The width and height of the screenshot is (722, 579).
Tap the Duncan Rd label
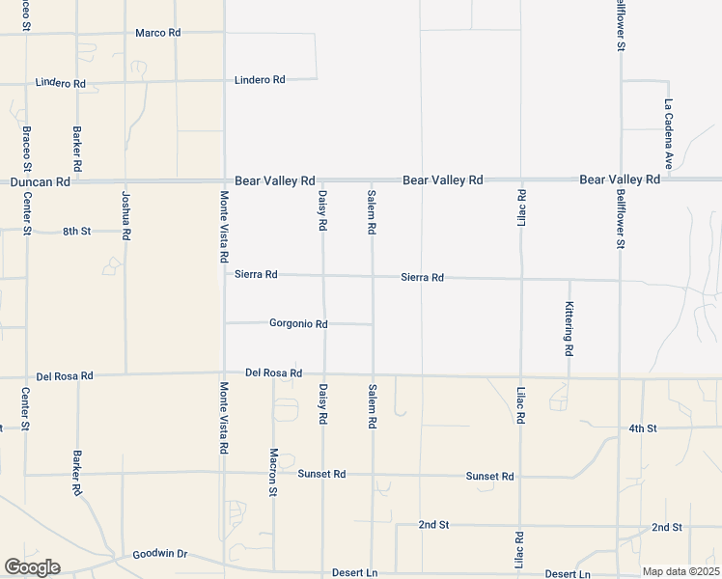[40, 180]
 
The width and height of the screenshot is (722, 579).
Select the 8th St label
[76, 232]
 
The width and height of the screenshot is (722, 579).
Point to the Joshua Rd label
[125, 214]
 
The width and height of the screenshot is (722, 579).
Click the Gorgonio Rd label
[298, 324]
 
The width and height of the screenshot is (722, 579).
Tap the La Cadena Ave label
[667, 133]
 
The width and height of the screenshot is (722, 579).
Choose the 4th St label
[642, 427]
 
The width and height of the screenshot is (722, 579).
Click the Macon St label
[274, 472]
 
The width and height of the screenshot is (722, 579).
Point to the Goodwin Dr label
[159, 555]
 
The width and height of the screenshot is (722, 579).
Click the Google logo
[32, 567]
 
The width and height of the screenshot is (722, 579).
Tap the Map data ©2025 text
[680, 571]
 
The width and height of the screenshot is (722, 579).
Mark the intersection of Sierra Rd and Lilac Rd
[521, 279]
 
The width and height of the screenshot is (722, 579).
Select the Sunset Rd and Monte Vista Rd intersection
[223, 475]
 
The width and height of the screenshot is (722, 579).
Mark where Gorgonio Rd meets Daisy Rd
[323, 324]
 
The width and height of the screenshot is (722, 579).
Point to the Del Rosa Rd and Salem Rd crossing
[373, 374]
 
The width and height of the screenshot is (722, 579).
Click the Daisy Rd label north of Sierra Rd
[323, 210]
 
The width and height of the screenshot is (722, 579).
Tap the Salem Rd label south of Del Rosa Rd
[372, 406]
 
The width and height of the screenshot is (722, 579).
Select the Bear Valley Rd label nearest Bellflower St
[620, 179]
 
